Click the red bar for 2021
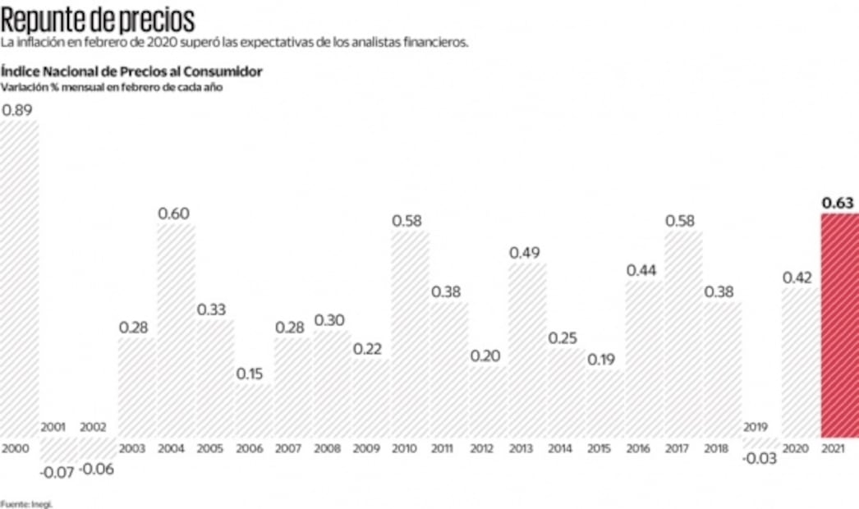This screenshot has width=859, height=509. pyautogui.click(x=839, y=324)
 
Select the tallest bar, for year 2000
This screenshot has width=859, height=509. pyautogui.click(x=19, y=279)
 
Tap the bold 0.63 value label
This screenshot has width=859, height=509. pyautogui.click(x=838, y=203)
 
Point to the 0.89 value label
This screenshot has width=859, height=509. pyautogui.click(x=18, y=110)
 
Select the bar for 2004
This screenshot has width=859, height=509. pyautogui.click(x=176, y=328)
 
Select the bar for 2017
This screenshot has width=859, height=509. pyautogui.click(x=683, y=332)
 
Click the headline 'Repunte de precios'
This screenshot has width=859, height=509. pyautogui.click(x=98, y=18)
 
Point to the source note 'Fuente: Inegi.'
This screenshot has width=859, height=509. pyautogui.click(x=26, y=503)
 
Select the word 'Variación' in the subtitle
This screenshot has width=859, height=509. pyautogui.click(x=22, y=87)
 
